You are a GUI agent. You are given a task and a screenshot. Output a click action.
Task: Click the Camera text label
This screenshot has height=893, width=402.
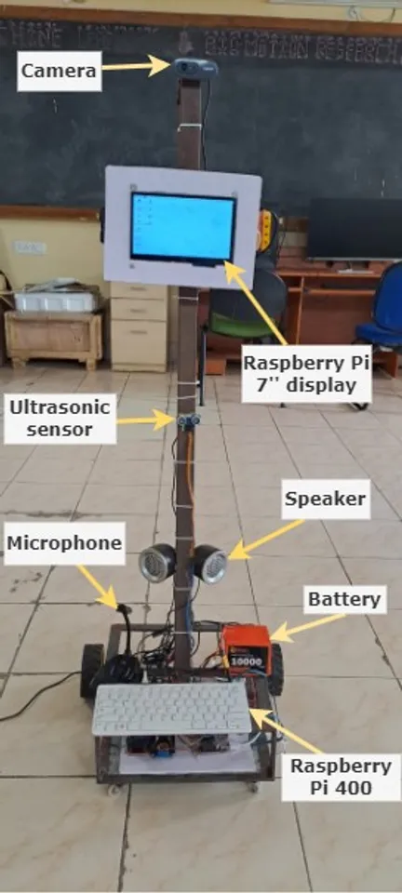pyautogui.click(x=58, y=71)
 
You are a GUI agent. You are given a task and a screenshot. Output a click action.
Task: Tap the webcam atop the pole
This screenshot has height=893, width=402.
pyautogui.click(x=194, y=67)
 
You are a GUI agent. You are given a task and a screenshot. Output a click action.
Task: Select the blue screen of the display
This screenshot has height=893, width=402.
pyautogui.click(x=183, y=226)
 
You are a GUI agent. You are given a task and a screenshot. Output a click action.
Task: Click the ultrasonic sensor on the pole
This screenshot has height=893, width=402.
pyautogui.click(x=190, y=420)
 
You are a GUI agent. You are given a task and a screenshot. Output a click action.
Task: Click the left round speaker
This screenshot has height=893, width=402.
pyautogui.click(x=157, y=563)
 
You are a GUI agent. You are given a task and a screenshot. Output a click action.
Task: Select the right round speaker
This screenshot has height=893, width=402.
pyautogui.click(x=210, y=563)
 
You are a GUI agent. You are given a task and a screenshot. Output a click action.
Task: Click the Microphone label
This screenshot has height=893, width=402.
pyautogui.click(x=64, y=543)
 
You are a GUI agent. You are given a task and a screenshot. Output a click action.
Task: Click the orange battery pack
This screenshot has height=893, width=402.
pyautogui.click(x=246, y=648)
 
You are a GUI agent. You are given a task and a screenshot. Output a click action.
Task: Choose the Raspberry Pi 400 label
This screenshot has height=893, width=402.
pyautogui.click(x=340, y=777)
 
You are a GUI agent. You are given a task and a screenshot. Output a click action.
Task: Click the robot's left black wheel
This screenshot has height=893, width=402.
pyautogui.click(x=91, y=664)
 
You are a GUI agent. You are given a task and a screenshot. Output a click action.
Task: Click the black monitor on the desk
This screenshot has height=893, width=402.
pyautogui.click(x=354, y=229)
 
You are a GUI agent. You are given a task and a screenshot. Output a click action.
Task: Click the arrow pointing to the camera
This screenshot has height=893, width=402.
pyautogui.click(x=135, y=66)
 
